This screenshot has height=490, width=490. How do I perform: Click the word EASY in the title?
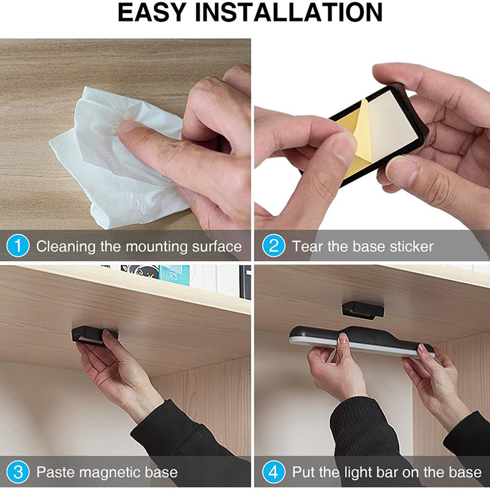coord(152,12)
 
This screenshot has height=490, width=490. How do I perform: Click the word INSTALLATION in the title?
coord(288,12)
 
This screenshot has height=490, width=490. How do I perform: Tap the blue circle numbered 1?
coord(18,246)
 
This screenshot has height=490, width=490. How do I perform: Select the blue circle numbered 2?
coord(273,246)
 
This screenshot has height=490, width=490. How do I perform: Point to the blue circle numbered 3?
coord(18,472)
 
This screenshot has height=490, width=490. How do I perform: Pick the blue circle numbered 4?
coord(273,472)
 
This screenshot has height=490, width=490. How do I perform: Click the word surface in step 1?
coord(217,247)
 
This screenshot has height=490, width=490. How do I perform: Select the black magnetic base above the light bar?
coord(363,310)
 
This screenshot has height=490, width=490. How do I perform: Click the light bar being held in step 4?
coord(361,341)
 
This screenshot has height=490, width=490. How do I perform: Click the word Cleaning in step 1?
coord(66,247)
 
